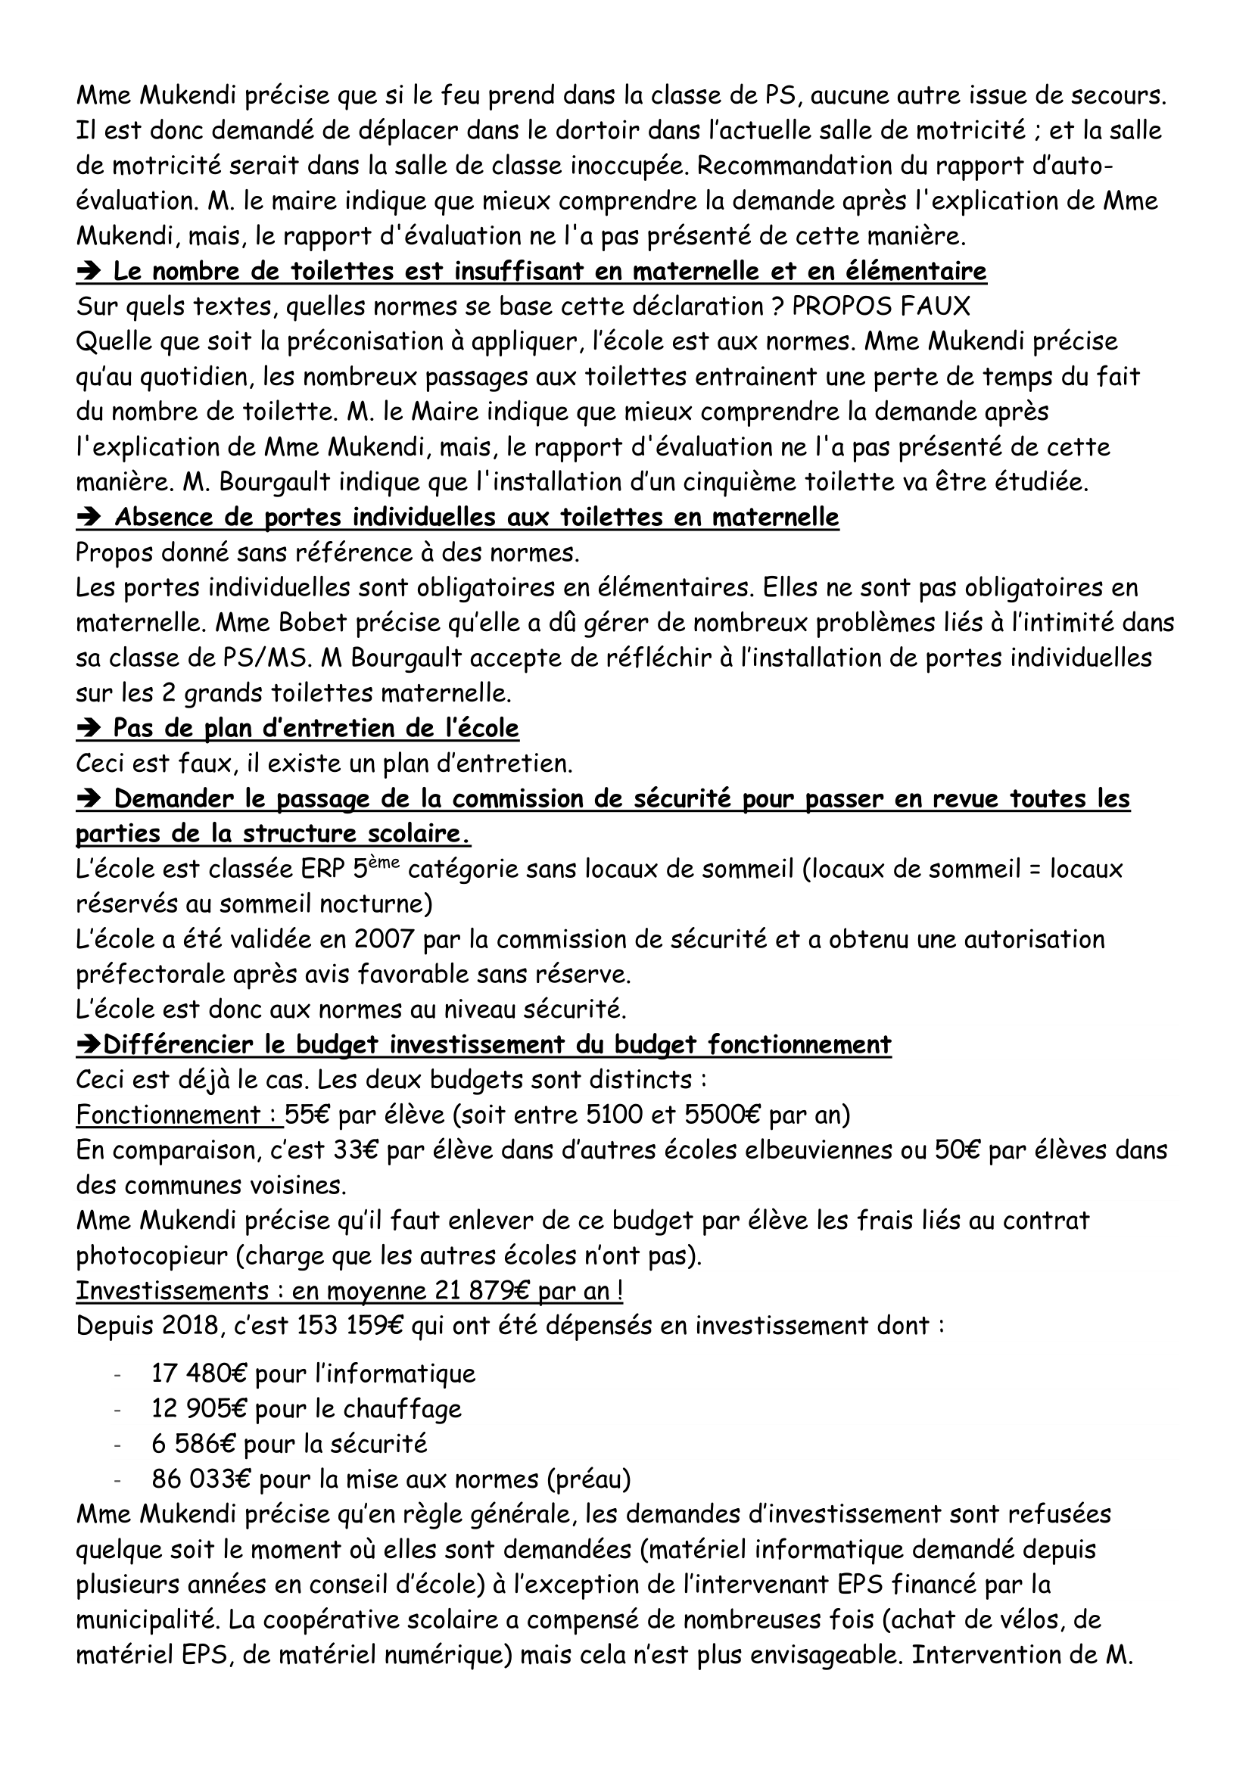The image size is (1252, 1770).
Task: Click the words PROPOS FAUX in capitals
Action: click(880, 306)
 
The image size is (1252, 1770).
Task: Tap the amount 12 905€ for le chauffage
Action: click(199, 1408)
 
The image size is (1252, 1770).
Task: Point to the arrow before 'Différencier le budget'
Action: click(89, 1045)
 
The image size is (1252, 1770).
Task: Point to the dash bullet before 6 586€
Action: click(117, 1445)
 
